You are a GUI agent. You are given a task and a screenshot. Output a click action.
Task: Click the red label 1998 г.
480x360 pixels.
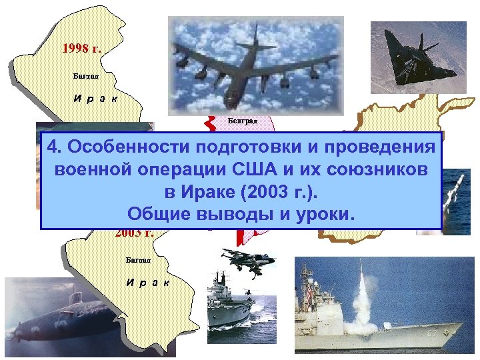[x=81, y=49]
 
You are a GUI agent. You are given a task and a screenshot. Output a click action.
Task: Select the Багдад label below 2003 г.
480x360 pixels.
[x=139, y=259]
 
